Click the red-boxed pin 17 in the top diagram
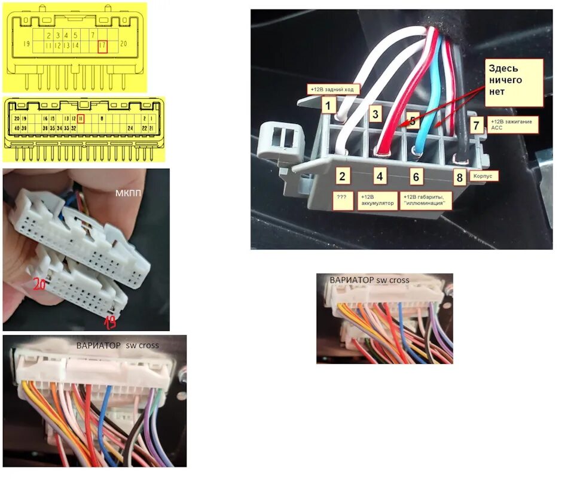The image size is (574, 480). (102, 45)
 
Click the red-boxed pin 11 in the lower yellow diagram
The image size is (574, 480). (80, 119)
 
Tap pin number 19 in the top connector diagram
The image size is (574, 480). (26, 44)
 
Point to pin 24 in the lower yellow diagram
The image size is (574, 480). (130, 128)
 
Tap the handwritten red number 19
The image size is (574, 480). (111, 322)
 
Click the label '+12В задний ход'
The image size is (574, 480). (334, 89)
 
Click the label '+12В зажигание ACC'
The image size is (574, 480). (512, 124)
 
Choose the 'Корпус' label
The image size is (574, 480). (484, 177)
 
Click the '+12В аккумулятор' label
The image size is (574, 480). (377, 200)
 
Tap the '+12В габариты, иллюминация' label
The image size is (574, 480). (426, 200)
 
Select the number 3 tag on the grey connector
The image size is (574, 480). (375, 113)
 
